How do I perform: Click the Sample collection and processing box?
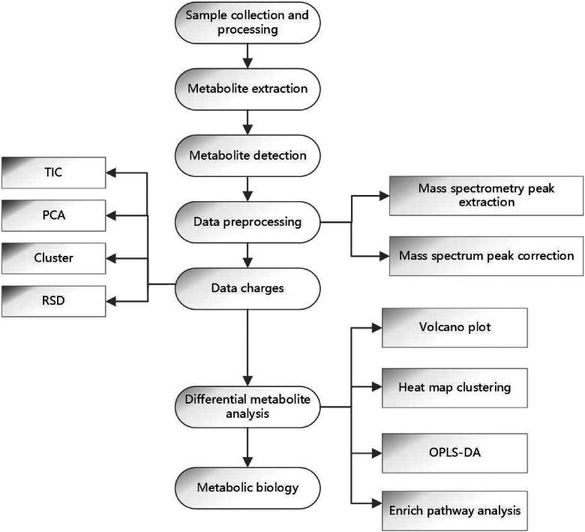[247, 22]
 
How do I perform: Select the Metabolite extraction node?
[247, 89]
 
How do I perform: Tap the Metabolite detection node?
[247, 155]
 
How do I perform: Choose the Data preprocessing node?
[247, 222]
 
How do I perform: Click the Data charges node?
[247, 284]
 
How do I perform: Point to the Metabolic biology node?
[247, 488]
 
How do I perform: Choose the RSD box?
[54, 301]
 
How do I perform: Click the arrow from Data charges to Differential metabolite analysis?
[247, 345]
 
